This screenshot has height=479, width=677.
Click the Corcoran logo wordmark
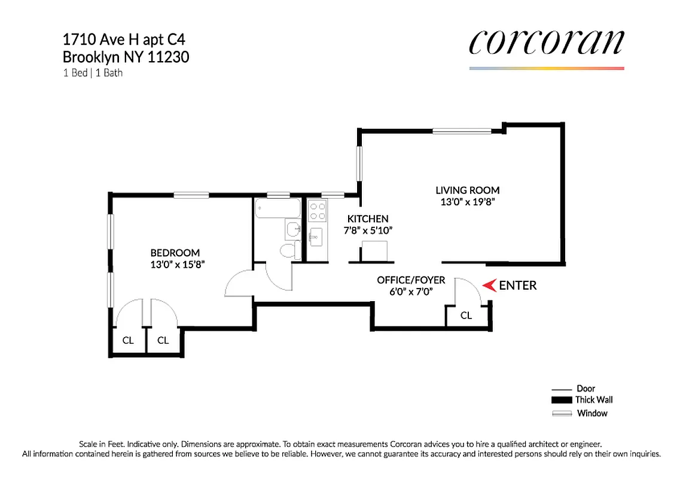[x=546, y=43]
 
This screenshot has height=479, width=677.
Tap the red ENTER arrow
[x=489, y=286]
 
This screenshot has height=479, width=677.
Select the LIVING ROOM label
[x=467, y=190]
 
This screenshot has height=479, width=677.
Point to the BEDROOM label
[x=175, y=253]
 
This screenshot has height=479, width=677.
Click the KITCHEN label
[x=368, y=219]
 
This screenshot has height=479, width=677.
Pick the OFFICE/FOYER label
[x=410, y=280]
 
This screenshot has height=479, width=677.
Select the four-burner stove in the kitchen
[x=318, y=211]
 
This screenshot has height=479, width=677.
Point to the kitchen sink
[x=316, y=237]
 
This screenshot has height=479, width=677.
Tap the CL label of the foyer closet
[x=466, y=316]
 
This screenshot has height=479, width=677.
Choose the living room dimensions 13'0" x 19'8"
[x=467, y=202]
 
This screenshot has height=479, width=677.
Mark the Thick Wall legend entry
[x=593, y=400]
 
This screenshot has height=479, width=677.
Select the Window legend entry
[x=591, y=413]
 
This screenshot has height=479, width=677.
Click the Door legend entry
[x=585, y=389]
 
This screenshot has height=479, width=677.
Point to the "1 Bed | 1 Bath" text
[x=93, y=73]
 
